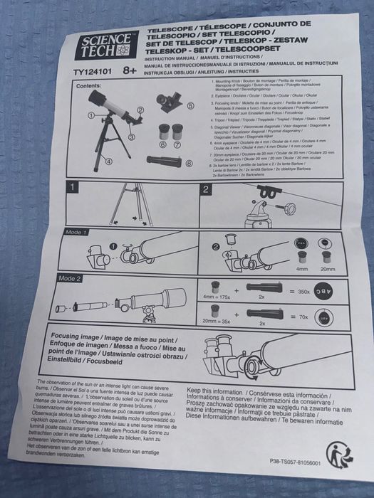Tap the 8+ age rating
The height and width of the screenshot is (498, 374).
point(130,70)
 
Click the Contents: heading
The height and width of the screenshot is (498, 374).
point(90,85)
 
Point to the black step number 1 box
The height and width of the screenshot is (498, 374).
point(72,188)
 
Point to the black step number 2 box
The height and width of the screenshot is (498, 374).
point(206,189)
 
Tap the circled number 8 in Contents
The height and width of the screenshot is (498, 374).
point(189,162)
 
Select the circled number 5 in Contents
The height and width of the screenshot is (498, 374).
point(191,105)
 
